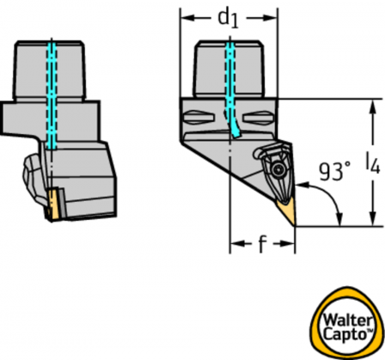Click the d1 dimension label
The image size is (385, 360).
[x=228, y=19]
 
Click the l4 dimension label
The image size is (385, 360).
[x=372, y=163]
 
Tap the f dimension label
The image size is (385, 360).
[x=262, y=244]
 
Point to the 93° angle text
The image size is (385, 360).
[x=334, y=171]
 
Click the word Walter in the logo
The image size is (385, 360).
[x=348, y=320]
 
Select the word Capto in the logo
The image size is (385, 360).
[x=345, y=334]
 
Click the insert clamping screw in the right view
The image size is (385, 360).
[x=278, y=170]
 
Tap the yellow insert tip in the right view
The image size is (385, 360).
[x=287, y=211]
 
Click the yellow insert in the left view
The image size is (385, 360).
[x=53, y=204]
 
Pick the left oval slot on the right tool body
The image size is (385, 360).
[x=199, y=118]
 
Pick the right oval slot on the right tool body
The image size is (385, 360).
[x=258, y=118]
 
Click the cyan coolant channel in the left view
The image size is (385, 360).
[x=52, y=95]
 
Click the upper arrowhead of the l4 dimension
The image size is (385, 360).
[x=372, y=105]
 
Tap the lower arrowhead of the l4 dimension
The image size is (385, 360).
[x=372, y=220]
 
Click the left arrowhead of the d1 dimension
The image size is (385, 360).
[x=186, y=18]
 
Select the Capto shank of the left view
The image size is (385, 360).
[x=49, y=70]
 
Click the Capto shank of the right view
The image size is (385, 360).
[x=229, y=69]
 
